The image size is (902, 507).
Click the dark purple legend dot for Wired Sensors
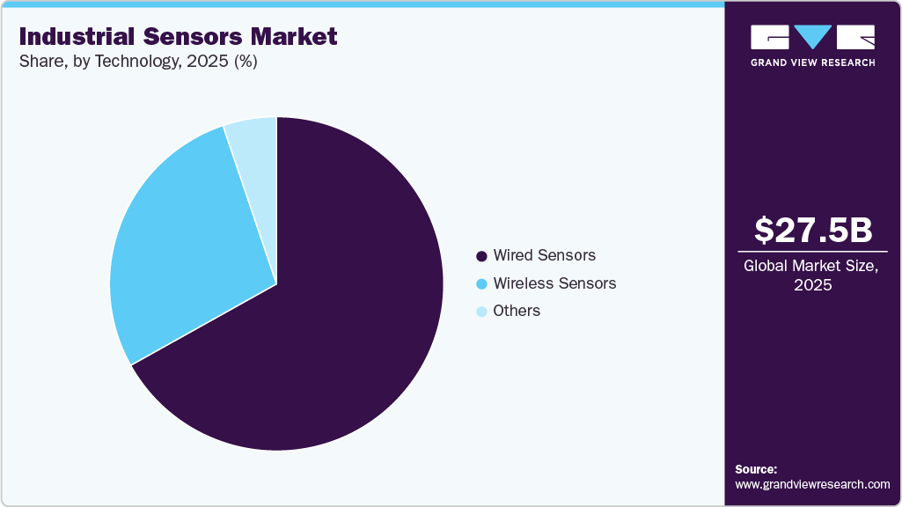(x=481, y=256)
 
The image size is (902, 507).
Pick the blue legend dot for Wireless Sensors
(x=481, y=284)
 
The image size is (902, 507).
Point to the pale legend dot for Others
(x=481, y=312)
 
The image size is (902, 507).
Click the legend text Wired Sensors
(x=544, y=255)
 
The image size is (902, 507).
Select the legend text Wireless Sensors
(x=554, y=283)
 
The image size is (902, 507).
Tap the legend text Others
(x=517, y=311)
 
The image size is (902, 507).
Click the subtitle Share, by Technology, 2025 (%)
(x=137, y=62)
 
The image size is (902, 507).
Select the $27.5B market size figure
(x=813, y=230)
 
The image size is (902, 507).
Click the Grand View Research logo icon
(x=812, y=37)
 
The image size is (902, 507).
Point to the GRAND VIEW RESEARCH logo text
(x=812, y=62)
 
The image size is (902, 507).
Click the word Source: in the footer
(x=756, y=469)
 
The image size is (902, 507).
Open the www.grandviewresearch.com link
(x=812, y=484)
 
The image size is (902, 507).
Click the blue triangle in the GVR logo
(x=812, y=36)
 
